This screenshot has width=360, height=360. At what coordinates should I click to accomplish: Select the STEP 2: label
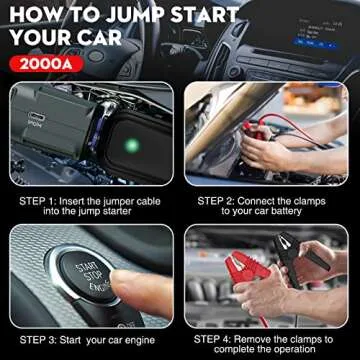point(219,200)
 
